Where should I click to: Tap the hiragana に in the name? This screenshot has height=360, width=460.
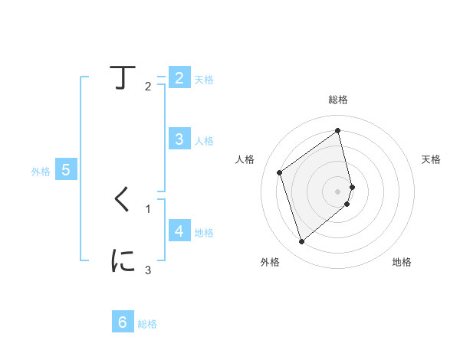tap(123, 260)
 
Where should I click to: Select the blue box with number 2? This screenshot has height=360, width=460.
tap(179, 78)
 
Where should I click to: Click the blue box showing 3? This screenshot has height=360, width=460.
tap(179, 139)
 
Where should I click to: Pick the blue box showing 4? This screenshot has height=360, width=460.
tap(179, 231)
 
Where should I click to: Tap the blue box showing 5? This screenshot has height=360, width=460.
tap(66, 170)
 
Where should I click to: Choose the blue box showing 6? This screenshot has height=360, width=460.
tap(123, 322)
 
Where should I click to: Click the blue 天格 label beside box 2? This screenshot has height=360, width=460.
tap(203, 80)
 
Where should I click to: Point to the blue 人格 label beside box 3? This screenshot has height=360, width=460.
tap(203, 141)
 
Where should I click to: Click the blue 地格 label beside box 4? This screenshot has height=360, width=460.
tap(203, 232)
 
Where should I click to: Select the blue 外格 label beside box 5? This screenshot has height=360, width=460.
tap(41, 172)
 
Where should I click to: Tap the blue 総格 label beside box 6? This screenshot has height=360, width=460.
tap(147, 324)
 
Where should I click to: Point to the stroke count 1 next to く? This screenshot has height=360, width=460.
tap(148, 208)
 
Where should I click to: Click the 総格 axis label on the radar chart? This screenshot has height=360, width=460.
tap(338, 100)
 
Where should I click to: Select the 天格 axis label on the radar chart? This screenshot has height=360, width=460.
tap(431, 159)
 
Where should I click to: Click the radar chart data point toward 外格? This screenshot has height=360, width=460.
tap(301, 242)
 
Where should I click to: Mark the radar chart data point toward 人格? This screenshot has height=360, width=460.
tap(280, 172)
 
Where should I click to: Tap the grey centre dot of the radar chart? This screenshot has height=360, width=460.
tap(338, 191)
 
